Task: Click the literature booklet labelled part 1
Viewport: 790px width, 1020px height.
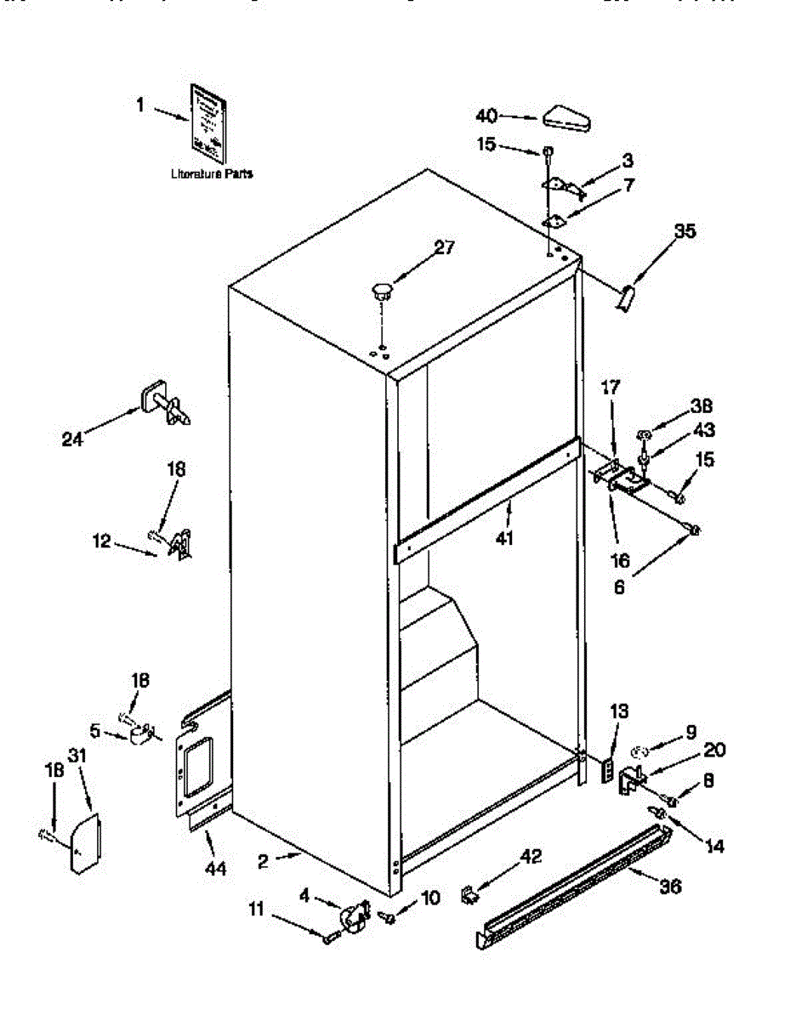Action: tap(208, 122)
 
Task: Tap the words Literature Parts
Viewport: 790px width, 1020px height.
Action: tap(211, 173)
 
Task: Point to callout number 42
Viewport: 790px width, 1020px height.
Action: tap(529, 857)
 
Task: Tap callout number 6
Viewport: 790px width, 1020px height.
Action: tap(619, 586)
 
